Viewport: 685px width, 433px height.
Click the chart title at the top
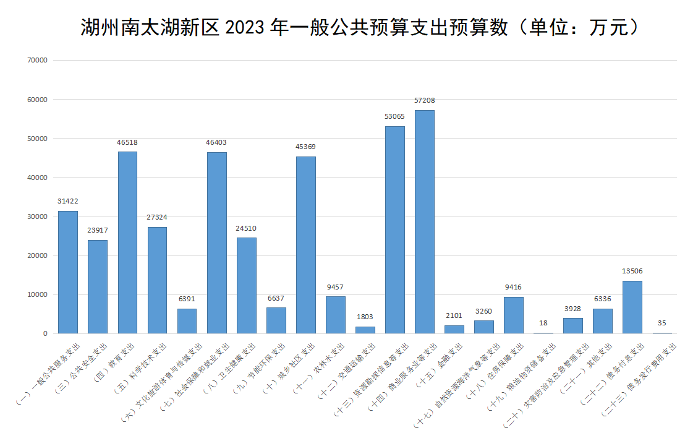tap(359, 28)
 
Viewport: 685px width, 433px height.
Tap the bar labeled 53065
tap(395, 229)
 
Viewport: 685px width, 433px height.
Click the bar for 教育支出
tap(127, 242)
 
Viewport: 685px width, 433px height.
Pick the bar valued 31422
tap(68, 272)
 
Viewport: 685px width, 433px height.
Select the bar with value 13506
tap(632, 307)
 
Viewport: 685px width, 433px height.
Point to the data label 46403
tap(216, 142)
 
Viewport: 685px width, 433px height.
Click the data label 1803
tap(365, 317)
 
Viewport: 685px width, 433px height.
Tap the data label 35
tap(662, 323)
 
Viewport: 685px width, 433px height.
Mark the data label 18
tap(543, 323)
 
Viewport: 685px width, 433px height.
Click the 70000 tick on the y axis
tap(38, 60)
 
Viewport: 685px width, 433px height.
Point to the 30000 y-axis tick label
tap(38, 216)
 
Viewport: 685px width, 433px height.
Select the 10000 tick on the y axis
tap(38, 294)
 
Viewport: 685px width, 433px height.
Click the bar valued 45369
tap(306, 245)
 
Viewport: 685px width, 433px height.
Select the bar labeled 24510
tap(246, 285)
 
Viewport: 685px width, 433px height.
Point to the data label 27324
tap(157, 217)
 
